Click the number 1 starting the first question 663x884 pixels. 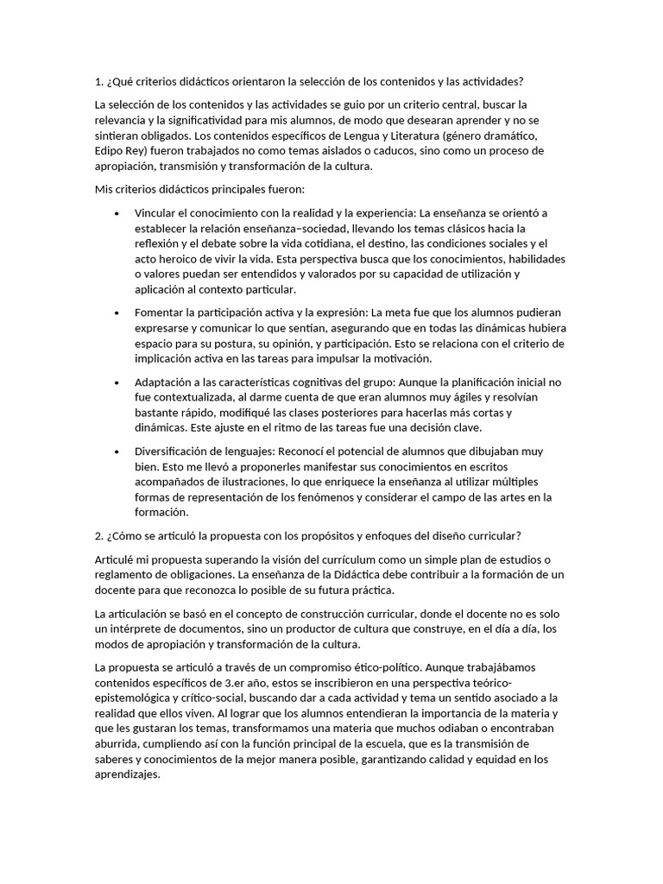98,82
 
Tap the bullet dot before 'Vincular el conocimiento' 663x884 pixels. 117,212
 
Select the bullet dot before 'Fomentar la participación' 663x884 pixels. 117,313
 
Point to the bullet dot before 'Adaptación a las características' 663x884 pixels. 117,382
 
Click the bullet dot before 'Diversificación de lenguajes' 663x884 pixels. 117,451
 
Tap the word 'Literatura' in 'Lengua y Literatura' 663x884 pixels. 411,135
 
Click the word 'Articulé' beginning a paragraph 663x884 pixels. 117,559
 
